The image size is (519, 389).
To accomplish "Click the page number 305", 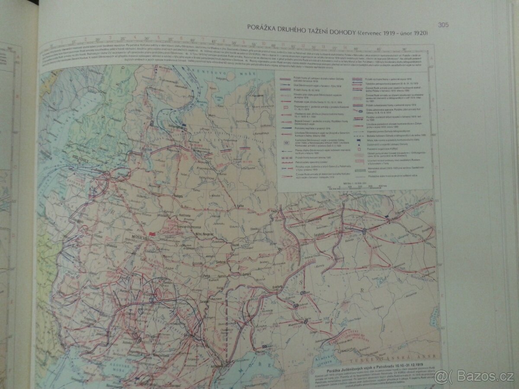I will [x=443, y=25].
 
